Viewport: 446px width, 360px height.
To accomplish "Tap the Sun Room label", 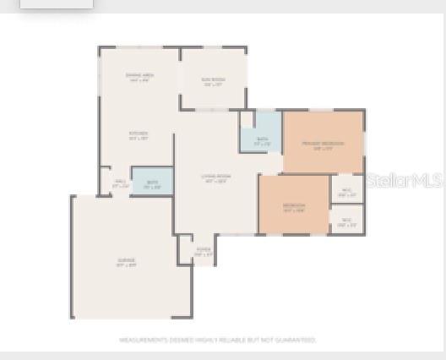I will [212, 79].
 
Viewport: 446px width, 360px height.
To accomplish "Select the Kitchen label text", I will [139, 133].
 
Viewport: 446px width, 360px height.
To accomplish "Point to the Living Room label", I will [216, 176].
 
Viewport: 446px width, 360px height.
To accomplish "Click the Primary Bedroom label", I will [323, 144].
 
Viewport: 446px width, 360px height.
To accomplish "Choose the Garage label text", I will [126, 259].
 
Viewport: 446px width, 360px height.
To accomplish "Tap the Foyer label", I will [203, 249].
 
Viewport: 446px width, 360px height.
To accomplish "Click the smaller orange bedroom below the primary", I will [293, 205].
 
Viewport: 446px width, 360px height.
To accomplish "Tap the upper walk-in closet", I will [346, 189].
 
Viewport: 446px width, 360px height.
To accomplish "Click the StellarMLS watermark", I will [405, 181].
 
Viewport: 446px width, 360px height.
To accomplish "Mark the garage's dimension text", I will [126, 265].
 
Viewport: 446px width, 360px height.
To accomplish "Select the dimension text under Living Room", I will [216, 181].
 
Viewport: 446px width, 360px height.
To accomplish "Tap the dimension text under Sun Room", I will [212, 85].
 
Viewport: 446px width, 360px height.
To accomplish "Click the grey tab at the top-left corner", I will [56, 3].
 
